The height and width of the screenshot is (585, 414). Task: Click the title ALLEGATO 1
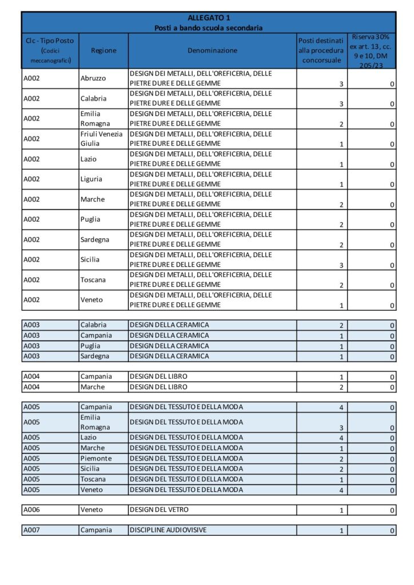click(209, 18)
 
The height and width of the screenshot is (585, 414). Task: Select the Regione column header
click(103, 50)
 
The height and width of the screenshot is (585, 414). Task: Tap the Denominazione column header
click(212, 50)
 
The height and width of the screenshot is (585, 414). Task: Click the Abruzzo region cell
click(93, 78)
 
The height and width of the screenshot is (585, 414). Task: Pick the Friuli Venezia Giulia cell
click(102, 139)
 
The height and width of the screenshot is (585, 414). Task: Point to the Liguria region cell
click(91, 179)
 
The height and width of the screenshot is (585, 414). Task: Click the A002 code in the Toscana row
click(31, 280)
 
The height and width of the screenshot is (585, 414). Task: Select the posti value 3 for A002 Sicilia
click(341, 265)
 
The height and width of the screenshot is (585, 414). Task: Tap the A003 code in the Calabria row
click(31, 325)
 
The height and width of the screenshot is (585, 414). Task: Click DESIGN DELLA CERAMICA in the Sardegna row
click(169, 356)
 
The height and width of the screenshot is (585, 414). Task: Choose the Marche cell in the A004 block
click(93, 387)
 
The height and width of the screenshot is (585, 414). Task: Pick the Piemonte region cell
click(96, 459)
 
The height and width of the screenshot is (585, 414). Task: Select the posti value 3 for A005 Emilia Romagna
click(341, 427)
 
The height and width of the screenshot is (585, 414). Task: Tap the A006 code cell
click(31, 510)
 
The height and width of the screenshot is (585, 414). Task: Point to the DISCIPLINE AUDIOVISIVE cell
click(168, 530)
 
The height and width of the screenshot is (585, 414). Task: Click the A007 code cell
click(31, 530)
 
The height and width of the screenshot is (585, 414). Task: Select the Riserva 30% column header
click(371, 50)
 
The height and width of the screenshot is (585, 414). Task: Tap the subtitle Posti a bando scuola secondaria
click(209, 28)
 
